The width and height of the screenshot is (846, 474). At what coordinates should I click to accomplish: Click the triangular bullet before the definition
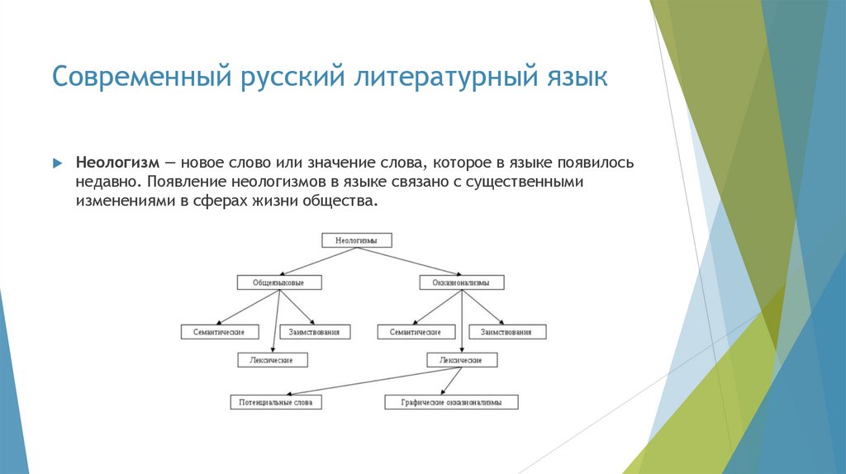click(x=58, y=163)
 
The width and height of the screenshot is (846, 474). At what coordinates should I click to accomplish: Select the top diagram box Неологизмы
click(x=356, y=240)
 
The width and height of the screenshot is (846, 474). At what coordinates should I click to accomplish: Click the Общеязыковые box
click(x=278, y=282)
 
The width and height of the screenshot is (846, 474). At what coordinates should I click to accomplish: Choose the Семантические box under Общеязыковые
click(x=218, y=332)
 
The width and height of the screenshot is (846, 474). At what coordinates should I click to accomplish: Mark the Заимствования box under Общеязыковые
click(x=315, y=332)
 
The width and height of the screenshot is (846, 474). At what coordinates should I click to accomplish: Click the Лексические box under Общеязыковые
click(x=272, y=360)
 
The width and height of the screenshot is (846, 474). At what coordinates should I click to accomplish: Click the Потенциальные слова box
click(x=275, y=403)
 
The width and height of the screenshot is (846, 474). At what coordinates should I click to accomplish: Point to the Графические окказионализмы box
click(x=452, y=403)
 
